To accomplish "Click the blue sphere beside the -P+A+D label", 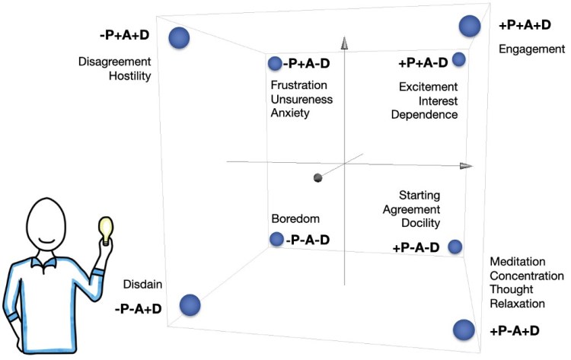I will [179, 37].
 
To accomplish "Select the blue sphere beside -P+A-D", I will [275, 64].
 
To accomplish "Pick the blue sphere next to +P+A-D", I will [458, 59].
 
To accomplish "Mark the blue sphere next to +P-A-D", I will [455, 246].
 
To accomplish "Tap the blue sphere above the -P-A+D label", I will [190, 305].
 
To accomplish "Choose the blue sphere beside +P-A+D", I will [463, 330].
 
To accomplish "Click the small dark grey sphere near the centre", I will [317, 178].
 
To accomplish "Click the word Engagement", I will [531, 49].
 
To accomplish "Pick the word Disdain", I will [139, 285].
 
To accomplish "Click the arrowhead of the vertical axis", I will [344, 43].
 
